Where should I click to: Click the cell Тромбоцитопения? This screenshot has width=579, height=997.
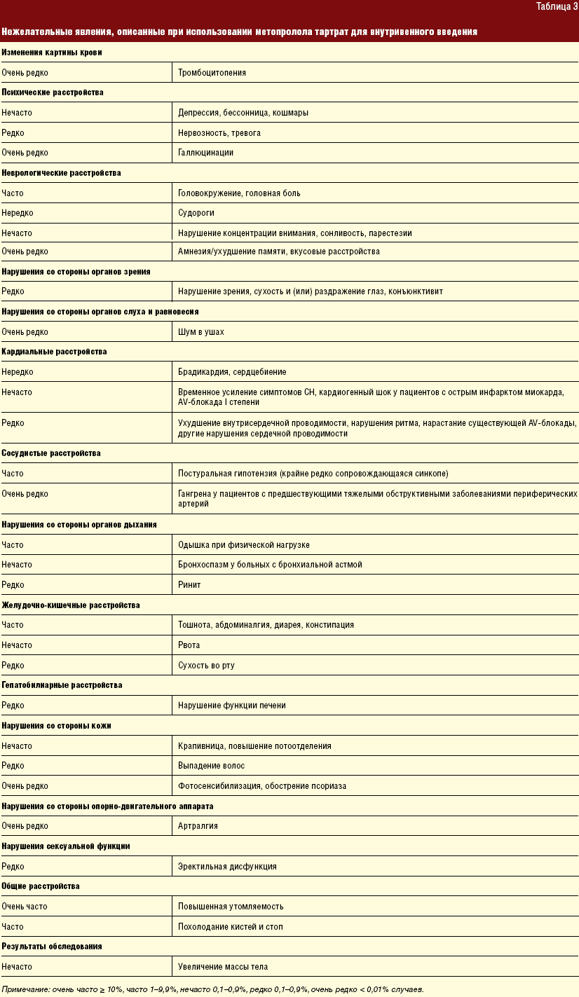pyautogui.click(x=212, y=72)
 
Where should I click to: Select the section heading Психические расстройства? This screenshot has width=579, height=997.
pyautogui.click(x=53, y=92)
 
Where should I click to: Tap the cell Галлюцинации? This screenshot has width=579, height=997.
pyautogui.click(x=205, y=152)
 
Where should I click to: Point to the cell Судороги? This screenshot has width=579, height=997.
pyautogui.click(x=196, y=212)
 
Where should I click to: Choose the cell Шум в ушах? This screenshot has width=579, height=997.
pyautogui.click(x=201, y=331)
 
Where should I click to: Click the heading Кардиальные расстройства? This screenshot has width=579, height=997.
pyautogui.click(x=54, y=352)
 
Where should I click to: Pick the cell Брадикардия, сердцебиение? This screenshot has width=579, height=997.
pyautogui.click(x=232, y=372)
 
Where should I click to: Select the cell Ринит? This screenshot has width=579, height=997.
pyautogui.click(x=189, y=584)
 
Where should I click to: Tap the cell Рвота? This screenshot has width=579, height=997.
pyautogui.click(x=189, y=645)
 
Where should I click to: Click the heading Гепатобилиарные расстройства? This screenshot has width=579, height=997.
pyautogui.click(x=62, y=685)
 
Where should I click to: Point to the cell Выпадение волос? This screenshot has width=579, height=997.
pyautogui.click(x=211, y=766)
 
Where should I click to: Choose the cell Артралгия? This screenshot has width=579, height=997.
pyautogui.click(x=198, y=826)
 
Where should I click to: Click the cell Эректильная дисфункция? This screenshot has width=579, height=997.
pyautogui.click(x=227, y=867)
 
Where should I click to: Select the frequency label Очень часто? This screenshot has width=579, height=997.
pyautogui.click(x=25, y=907)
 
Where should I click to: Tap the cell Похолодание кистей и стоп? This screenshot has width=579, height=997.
pyautogui.click(x=231, y=927)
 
